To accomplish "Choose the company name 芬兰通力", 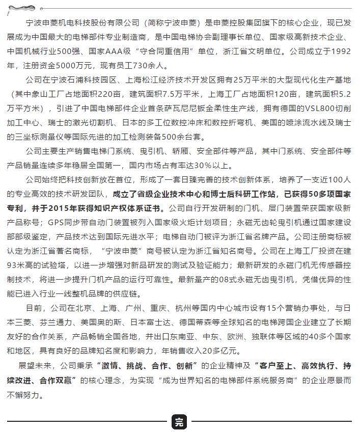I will click(x=56, y=322).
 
